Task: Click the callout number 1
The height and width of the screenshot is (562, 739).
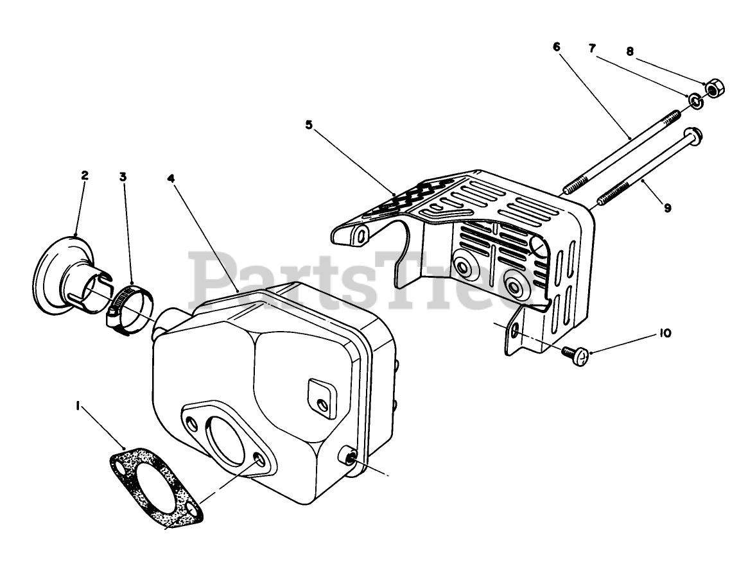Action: coord(78,405)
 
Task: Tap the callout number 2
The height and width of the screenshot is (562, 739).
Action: coord(85,175)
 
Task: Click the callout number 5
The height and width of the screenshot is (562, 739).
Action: coord(309,125)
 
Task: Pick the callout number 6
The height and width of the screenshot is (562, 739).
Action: coord(556,47)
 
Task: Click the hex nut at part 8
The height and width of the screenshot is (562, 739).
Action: coord(712,87)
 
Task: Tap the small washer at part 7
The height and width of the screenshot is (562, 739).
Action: coord(695,100)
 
